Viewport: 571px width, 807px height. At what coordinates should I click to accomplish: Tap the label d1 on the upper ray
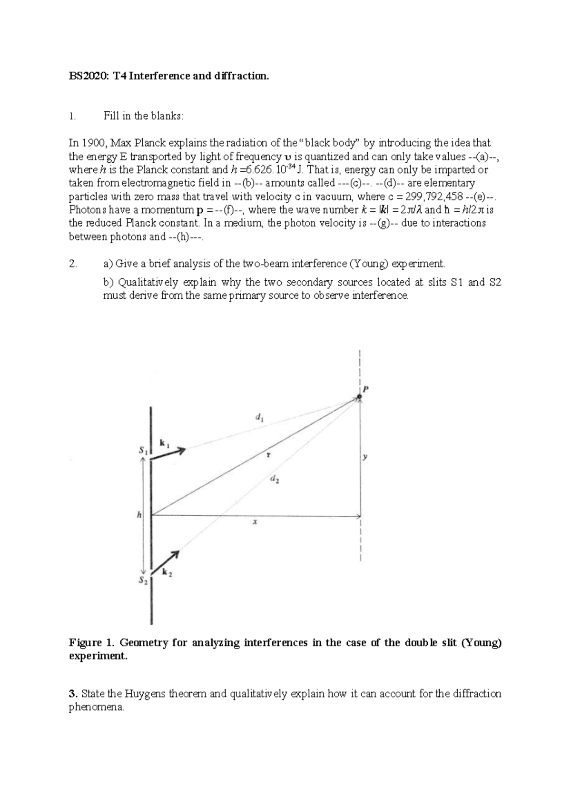[x=260, y=418]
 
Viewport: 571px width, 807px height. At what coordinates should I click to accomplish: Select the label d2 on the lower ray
[x=275, y=480]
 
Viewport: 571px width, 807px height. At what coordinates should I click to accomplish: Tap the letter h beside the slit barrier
[x=139, y=514]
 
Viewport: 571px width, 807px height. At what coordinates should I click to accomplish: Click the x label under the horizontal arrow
[x=255, y=522]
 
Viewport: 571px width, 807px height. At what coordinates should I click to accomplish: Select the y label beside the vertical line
[x=365, y=457]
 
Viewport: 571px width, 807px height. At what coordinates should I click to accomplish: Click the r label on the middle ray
[x=268, y=455]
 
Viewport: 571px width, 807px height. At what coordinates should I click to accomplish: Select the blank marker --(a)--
[x=484, y=157]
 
